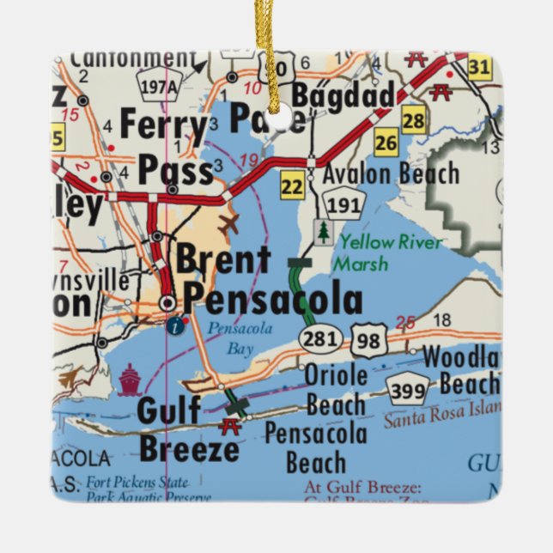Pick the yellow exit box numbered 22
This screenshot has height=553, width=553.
pos(293,185)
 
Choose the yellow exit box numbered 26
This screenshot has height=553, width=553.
pos(386,143)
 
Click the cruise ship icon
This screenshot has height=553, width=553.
pos(130,378)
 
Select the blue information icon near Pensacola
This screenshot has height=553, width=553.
pos(177,325)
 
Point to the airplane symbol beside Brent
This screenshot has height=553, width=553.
pos(229,226)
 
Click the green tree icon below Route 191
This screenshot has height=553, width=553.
pos(323,233)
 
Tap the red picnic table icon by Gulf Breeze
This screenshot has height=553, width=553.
pos(229,425)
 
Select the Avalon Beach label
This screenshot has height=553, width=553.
pos(391,173)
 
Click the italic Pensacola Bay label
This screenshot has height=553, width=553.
pos(227,336)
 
